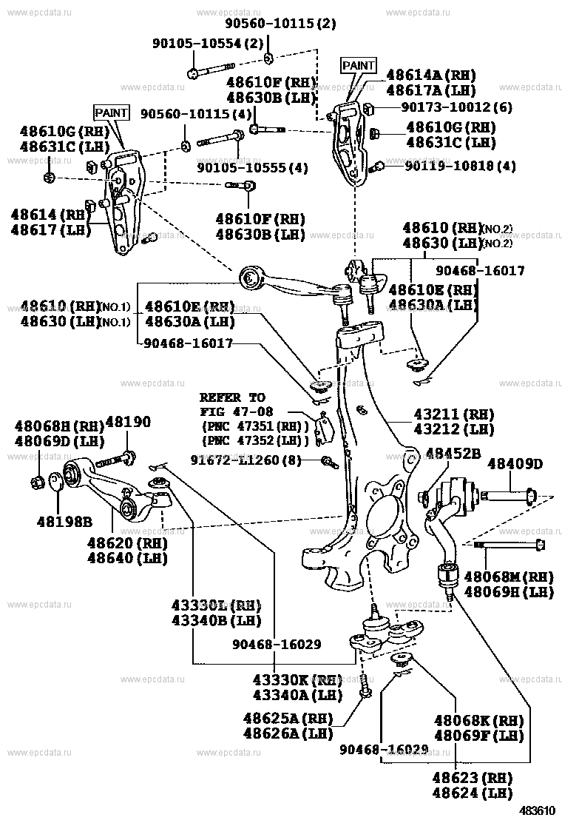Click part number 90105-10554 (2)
pos(209,43)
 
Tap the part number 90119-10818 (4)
pos(460,167)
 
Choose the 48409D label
pos(515,464)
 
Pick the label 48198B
pos(65,521)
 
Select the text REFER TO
pos(232,397)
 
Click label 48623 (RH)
pos(473,778)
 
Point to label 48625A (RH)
pos(288,718)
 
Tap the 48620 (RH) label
pos(127,542)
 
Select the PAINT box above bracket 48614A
pos(359,66)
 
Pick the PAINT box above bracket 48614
pos(112,112)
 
